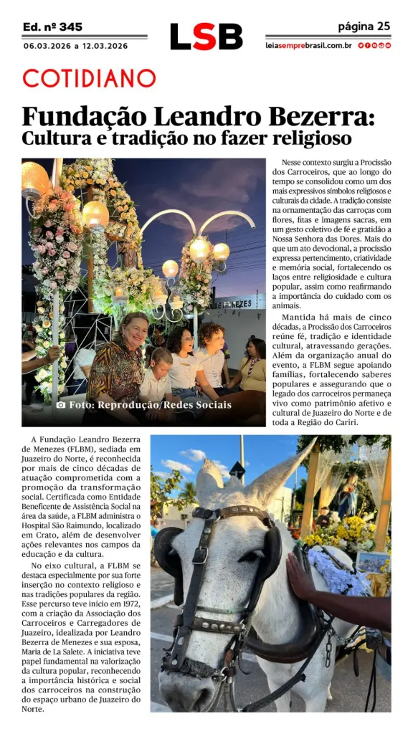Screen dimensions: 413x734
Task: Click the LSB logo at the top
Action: (x=206, y=37)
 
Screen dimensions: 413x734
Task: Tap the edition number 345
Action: (x=70, y=27)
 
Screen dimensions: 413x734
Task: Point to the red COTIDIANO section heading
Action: (x=89, y=78)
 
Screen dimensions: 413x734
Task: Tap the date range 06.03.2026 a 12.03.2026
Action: (x=75, y=46)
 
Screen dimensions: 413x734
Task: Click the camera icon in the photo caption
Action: (x=61, y=405)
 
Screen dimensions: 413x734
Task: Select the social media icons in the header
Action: (x=374, y=46)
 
